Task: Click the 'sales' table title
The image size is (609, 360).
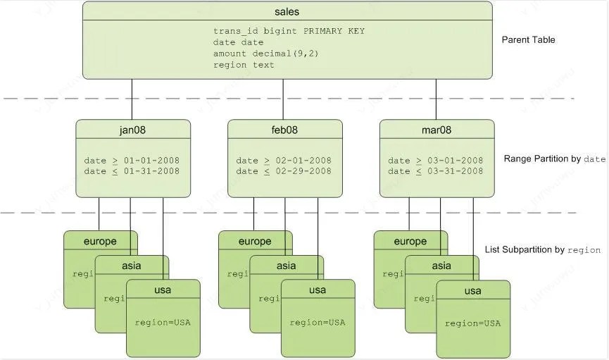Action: (x=287, y=11)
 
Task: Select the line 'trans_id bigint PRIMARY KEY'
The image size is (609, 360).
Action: (x=289, y=32)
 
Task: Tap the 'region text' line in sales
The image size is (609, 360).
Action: (x=244, y=65)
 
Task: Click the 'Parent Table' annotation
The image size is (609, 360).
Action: (x=528, y=40)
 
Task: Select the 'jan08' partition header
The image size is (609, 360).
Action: (x=132, y=130)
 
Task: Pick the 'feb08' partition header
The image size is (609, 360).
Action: (x=284, y=130)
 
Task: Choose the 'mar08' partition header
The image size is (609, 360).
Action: (x=437, y=130)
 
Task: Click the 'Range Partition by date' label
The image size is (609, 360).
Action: (x=554, y=159)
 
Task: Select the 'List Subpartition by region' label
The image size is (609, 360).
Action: (x=542, y=250)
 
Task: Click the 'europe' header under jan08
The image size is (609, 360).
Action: (x=99, y=241)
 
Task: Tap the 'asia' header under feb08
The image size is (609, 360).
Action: (x=286, y=266)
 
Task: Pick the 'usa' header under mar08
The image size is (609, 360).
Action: (x=472, y=290)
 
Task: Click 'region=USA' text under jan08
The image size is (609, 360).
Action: (x=163, y=323)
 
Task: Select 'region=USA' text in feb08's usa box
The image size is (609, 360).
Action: (x=317, y=323)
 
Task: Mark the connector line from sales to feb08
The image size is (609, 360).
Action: (x=283, y=99)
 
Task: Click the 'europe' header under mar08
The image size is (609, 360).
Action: (x=410, y=241)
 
